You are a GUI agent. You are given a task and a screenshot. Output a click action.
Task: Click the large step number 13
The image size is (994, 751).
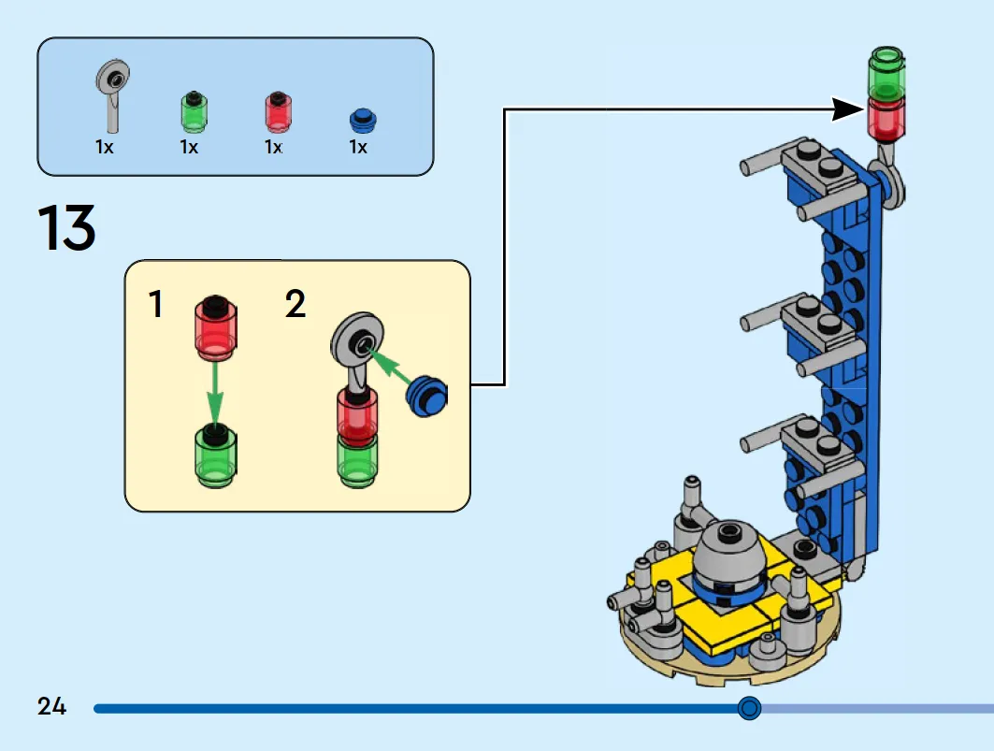pyautogui.click(x=66, y=227)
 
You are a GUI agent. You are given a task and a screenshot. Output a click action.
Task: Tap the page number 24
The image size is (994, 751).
pyautogui.click(x=51, y=706)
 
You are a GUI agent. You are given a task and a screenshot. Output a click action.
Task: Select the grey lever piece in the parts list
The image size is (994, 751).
pyautogui.click(x=113, y=95)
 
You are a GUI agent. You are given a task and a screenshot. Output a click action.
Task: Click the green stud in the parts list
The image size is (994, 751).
pyautogui.click(x=194, y=111)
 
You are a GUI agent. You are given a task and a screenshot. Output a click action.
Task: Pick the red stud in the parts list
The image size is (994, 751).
pyautogui.click(x=278, y=111)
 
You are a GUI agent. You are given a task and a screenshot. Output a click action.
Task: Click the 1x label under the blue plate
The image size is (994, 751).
pyautogui.click(x=358, y=147)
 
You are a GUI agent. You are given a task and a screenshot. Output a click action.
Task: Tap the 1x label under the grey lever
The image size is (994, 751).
pyautogui.click(x=105, y=147)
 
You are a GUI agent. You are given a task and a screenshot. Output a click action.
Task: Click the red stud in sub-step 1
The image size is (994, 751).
pyautogui.click(x=215, y=326)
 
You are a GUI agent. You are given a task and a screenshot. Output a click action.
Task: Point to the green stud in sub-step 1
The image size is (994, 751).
pyautogui.click(x=215, y=456)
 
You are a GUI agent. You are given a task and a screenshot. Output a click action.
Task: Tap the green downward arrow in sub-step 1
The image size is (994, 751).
pyautogui.click(x=215, y=393)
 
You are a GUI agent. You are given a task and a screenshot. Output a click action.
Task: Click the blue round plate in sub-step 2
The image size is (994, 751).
pyautogui.click(x=426, y=396)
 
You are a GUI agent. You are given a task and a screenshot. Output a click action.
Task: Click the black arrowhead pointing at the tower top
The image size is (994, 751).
pyautogui.click(x=848, y=109)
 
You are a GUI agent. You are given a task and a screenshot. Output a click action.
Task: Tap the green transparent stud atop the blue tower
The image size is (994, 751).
pyautogui.click(x=886, y=73)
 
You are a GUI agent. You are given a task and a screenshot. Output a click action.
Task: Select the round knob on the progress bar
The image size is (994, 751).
pyautogui.click(x=749, y=708)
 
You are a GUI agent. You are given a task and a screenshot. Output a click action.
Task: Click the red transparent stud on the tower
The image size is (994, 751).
pyautogui.click(x=886, y=120)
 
